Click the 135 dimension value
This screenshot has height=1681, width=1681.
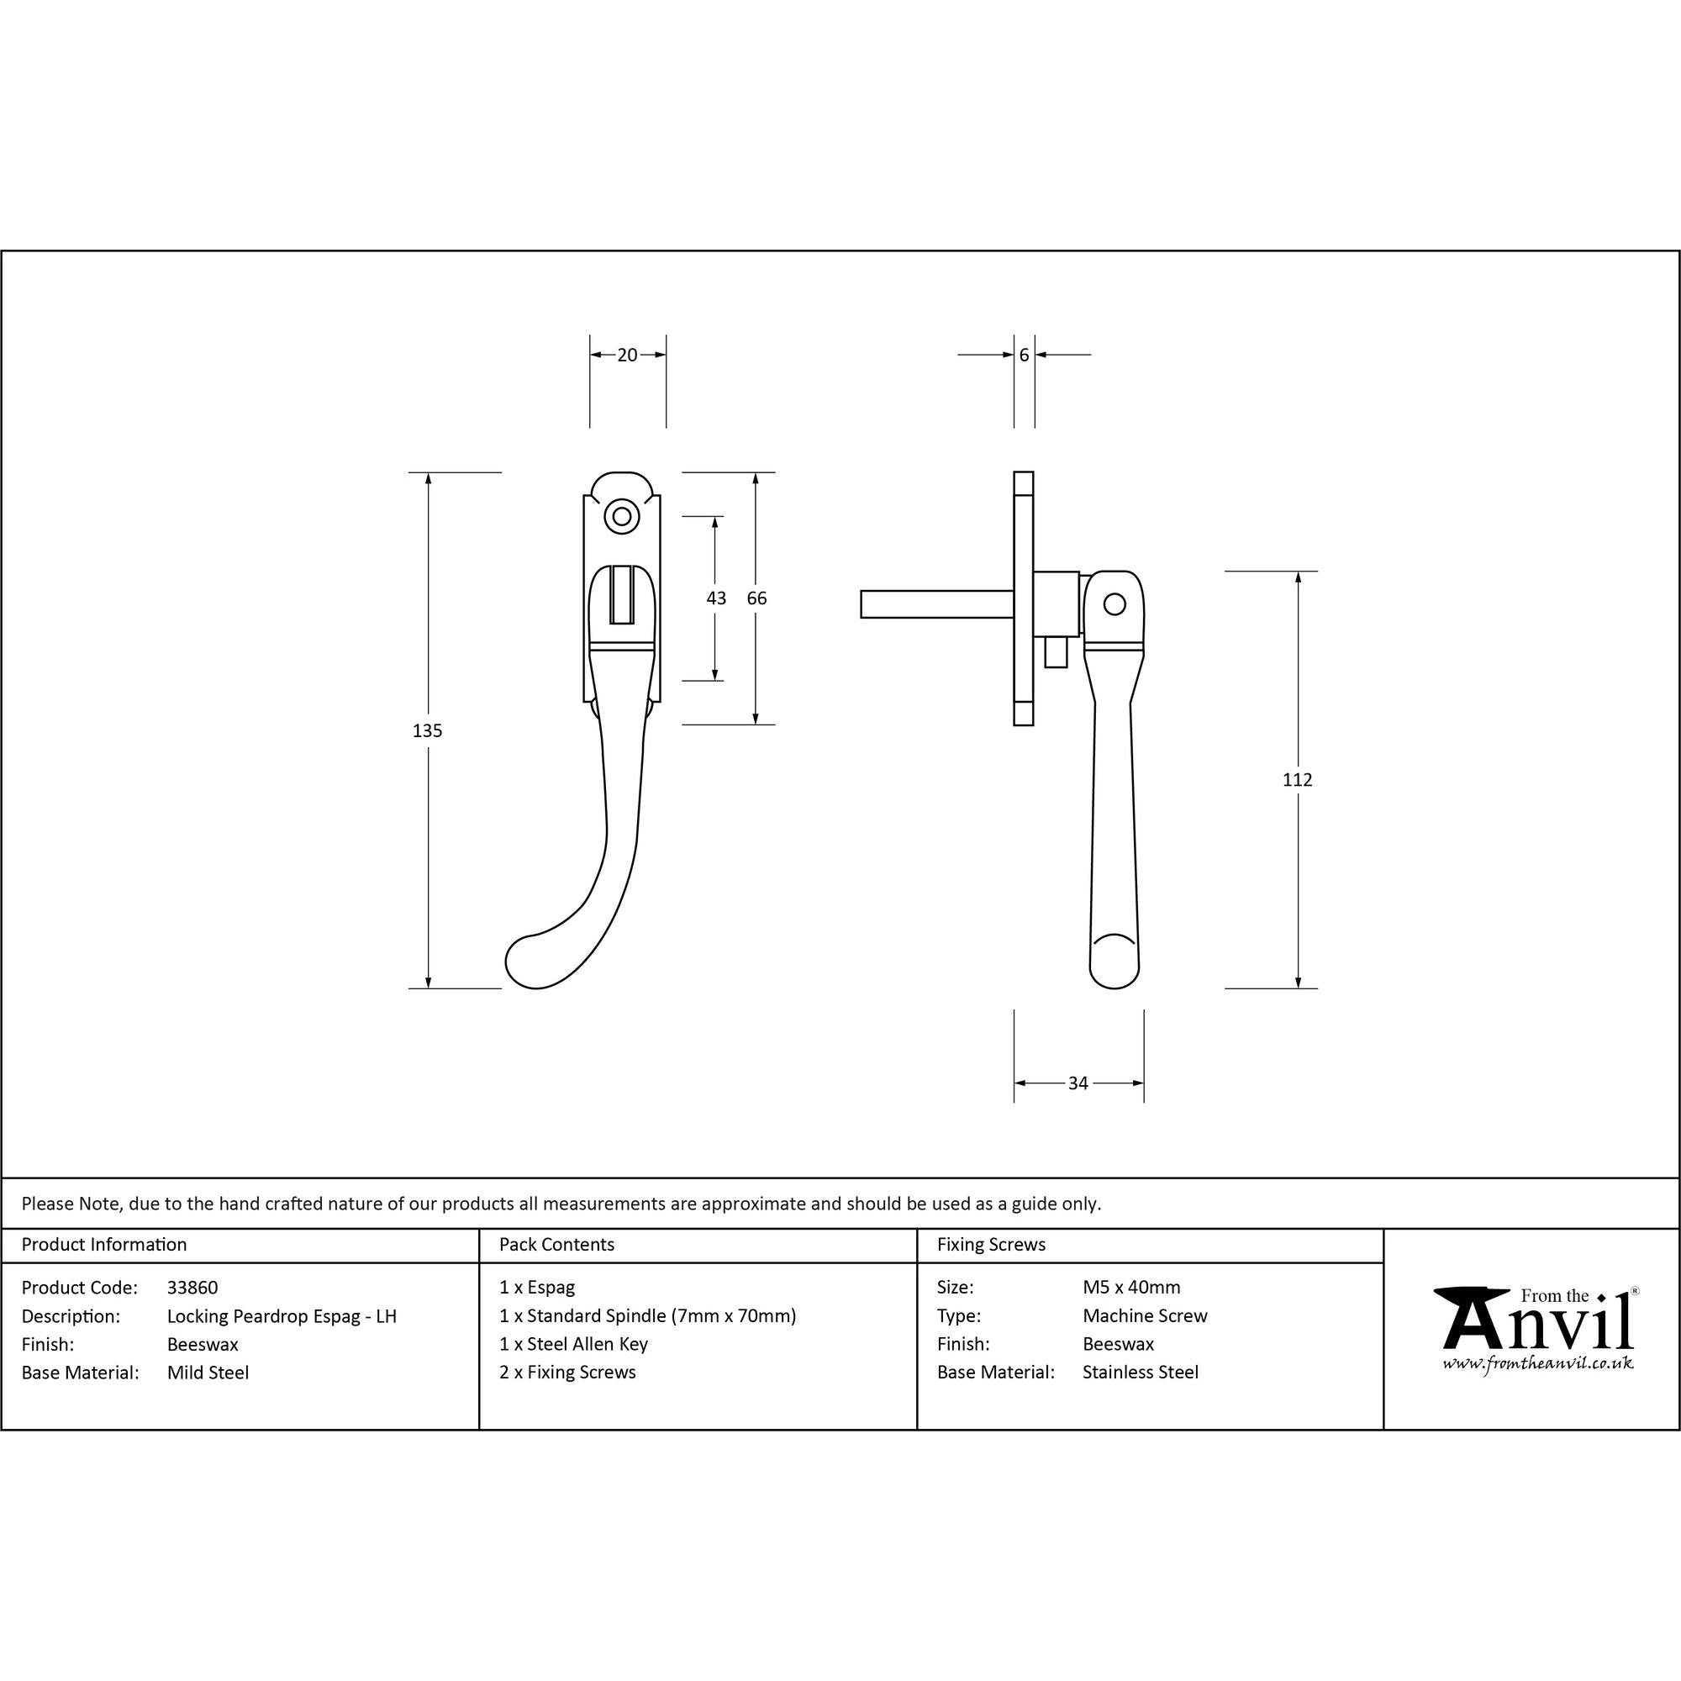427,731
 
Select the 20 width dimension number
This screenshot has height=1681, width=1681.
627,355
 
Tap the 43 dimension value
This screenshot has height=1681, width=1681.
716,598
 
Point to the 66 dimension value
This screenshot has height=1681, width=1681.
757,598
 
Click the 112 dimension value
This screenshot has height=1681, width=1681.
1297,780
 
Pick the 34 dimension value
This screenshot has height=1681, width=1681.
1078,1083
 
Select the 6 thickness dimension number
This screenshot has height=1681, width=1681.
1024,355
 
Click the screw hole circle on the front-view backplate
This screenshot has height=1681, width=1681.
621,517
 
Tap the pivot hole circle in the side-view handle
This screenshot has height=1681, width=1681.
1114,603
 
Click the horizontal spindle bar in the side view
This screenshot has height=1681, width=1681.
937,603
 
